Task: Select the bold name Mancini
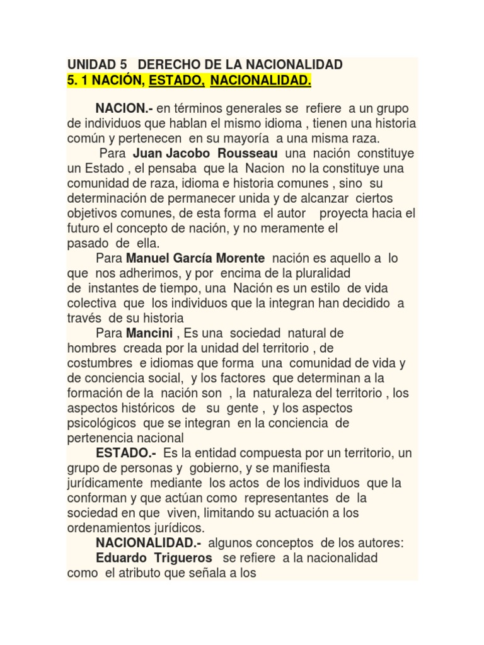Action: click(149, 332)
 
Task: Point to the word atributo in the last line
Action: click(156, 574)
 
